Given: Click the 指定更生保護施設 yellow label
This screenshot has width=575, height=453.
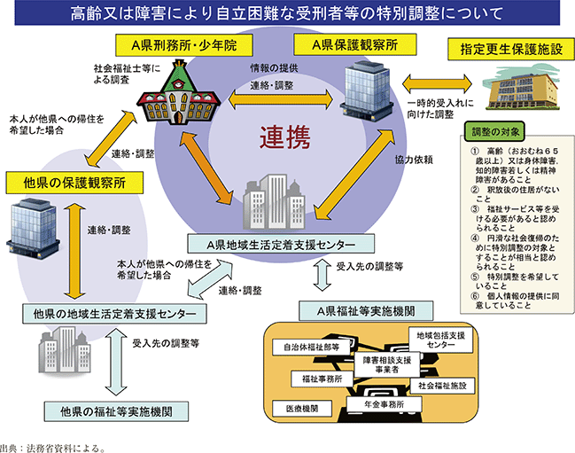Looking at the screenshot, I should (509, 49).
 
